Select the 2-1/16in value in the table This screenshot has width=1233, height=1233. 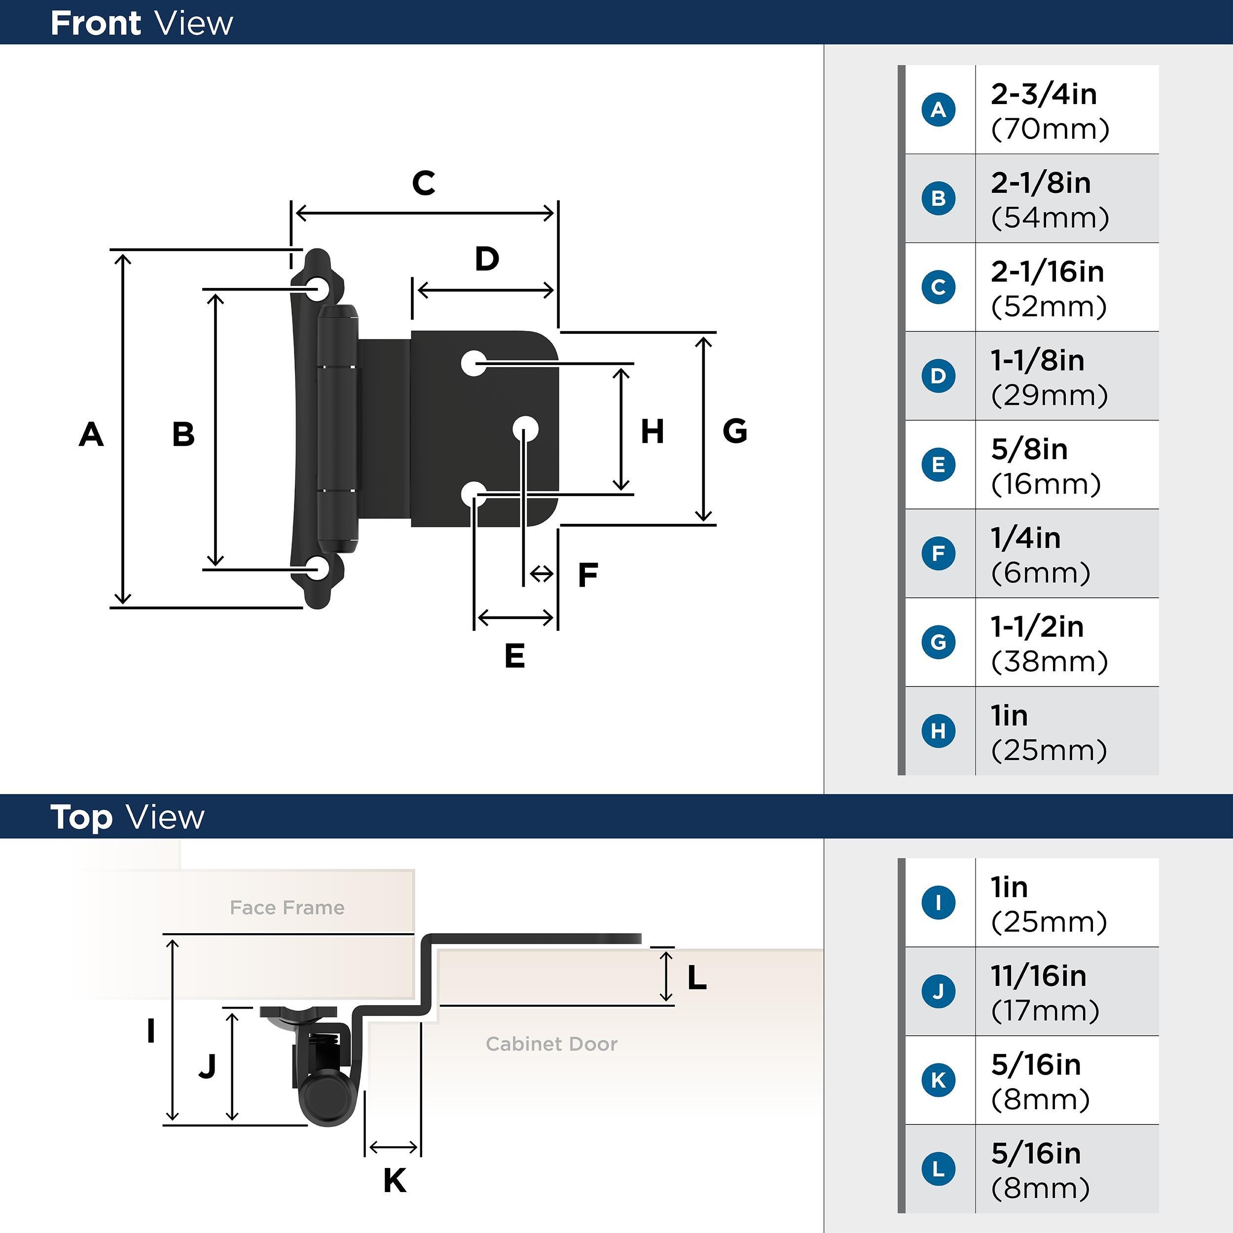point(1047,272)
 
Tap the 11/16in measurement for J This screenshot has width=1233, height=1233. point(1038,976)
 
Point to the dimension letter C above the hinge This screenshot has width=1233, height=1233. point(424,183)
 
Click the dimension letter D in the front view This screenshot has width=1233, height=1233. point(487,259)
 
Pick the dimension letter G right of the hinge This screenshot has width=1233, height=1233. point(734,432)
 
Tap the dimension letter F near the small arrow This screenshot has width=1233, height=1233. point(588,575)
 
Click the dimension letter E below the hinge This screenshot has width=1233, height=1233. point(514,656)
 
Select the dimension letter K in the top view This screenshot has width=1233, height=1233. point(395,1181)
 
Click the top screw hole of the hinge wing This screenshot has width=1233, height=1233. point(317,289)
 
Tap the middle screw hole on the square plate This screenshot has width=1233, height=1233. point(526,429)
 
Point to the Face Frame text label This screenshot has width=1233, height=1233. point(287,907)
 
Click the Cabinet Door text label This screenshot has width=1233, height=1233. point(551,1044)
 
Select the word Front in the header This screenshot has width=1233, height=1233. point(96,24)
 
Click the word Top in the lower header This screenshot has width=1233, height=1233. point(81,818)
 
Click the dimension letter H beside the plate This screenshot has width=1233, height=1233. point(652,432)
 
